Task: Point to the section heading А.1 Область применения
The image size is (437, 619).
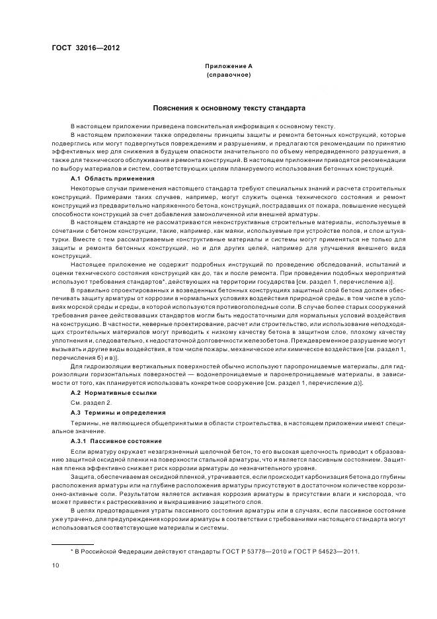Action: [112, 179]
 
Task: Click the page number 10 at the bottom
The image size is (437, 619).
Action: [56, 564]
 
